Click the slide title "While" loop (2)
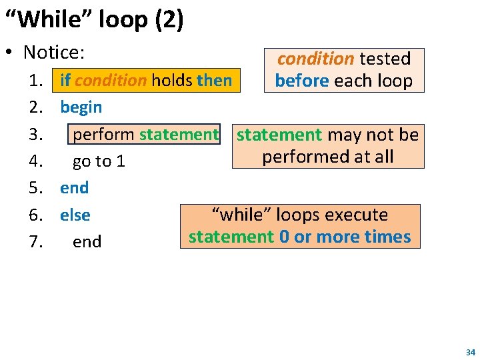[94, 19]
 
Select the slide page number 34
[470, 352]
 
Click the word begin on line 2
[81, 107]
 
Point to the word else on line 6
[75, 215]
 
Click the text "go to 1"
[99, 161]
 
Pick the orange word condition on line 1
[111, 81]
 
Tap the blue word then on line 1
[214, 81]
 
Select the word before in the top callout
[302, 81]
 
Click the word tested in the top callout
[385, 59]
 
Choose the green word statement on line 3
[179, 135]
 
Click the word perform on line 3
[103, 135]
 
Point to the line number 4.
[36, 161]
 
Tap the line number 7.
[36, 242]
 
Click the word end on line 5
[74, 188]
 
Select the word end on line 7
[87, 242]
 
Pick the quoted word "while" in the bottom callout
[238, 215]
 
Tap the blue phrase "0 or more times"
[345, 237]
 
